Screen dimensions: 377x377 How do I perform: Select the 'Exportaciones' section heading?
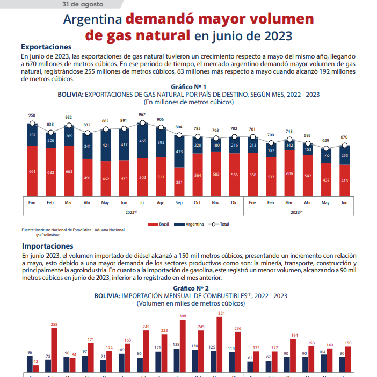[x=46, y=47]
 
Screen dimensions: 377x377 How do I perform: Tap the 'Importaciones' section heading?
[x=47, y=245]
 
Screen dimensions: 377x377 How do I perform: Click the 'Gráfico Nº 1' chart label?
[x=189, y=87]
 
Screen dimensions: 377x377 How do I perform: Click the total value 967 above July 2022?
[x=142, y=115]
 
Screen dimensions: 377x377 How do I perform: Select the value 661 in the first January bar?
[x=33, y=171]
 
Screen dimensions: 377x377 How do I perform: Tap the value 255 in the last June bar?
[x=344, y=155]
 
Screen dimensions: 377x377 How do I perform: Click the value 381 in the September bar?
[x=179, y=182]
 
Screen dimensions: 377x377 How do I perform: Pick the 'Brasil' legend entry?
[x=164, y=224]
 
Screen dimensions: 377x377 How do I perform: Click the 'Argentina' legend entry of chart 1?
[x=194, y=224]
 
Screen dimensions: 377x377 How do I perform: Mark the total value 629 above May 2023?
[x=325, y=140]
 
